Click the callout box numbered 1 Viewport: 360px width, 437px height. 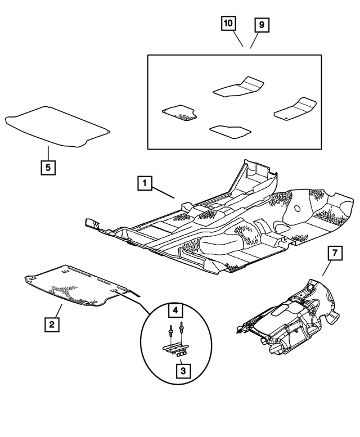[145, 183]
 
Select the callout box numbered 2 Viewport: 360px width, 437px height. [52, 324]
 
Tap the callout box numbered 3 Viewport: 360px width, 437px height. [182, 371]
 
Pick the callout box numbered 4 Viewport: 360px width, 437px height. [175, 310]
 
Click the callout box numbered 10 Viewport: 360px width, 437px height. [228, 24]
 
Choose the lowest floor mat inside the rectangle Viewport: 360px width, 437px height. [229, 132]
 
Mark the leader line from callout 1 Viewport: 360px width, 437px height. [164, 192]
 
